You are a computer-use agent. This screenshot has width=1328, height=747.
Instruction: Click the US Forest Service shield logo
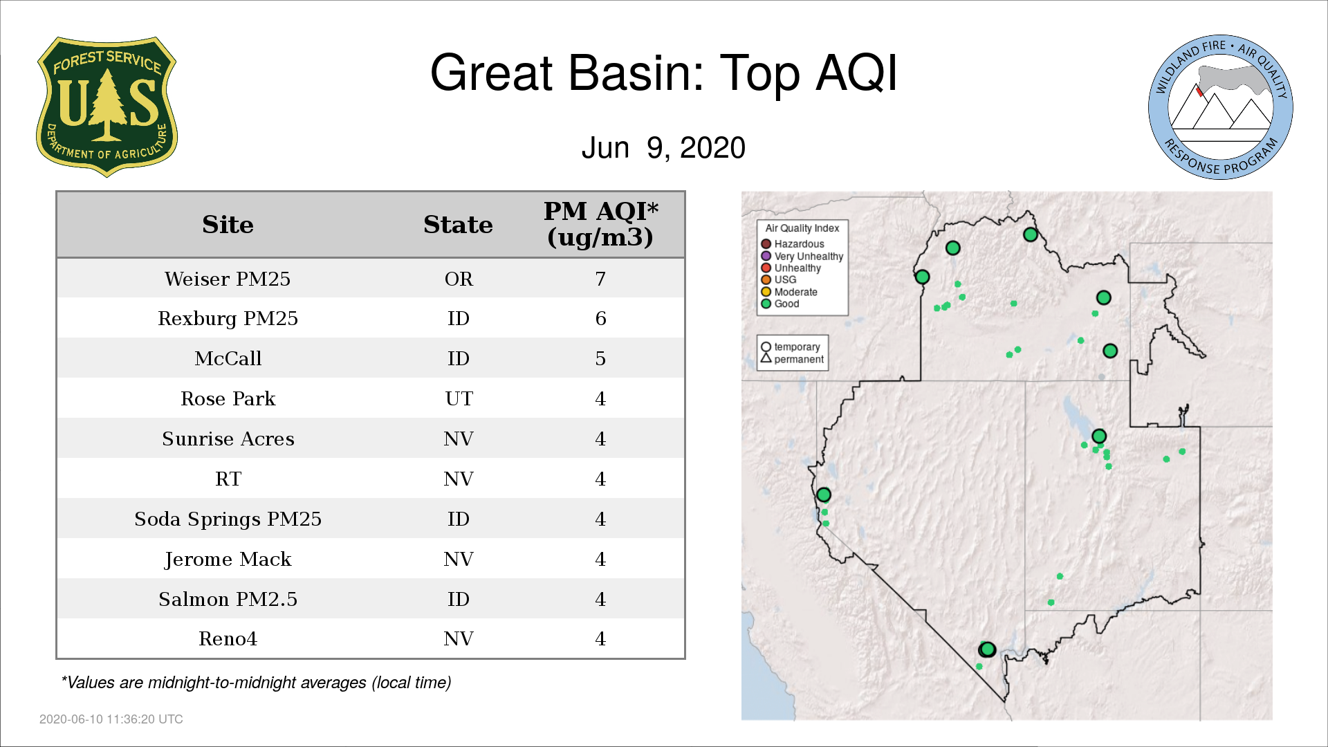[x=107, y=107]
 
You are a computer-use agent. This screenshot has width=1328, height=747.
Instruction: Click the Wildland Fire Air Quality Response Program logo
[x=1221, y=107]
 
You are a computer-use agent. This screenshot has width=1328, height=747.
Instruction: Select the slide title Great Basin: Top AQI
[x=663, y=73]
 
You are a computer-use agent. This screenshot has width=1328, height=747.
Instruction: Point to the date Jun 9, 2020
[x=663, y=147]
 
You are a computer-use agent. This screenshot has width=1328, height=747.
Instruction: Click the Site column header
[x=228, y=225]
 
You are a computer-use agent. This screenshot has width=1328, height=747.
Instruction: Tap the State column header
[x=458, y=225]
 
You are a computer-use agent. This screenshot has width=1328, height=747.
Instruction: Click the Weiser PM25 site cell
[x=228, y=279]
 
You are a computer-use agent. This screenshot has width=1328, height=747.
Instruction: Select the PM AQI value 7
[x=600, y=279]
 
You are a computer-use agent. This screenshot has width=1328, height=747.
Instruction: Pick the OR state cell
[x=459, y=279]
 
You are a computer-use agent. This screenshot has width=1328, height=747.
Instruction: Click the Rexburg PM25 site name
[x=228, y=318]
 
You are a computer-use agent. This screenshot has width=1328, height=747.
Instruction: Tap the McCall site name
[x=228, y=358]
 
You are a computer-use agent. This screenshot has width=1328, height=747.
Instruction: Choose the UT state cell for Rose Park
[x=459, y=398]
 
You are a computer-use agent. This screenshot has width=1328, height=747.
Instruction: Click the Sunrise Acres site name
[x=228, y=439]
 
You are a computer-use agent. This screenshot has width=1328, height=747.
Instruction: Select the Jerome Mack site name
[x=228, y=559]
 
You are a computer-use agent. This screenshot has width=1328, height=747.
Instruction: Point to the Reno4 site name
[x=228, y=638]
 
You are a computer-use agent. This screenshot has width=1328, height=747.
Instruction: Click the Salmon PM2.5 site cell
[x=228, y=599]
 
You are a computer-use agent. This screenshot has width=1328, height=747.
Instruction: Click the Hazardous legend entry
[x=793, y=244]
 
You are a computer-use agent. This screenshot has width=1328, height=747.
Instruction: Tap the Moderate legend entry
[x=789, y=292]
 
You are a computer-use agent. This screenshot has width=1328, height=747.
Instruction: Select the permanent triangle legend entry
[x=792, y=359]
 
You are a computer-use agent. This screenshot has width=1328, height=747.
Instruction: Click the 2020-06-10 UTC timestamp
[x=111, y=719]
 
